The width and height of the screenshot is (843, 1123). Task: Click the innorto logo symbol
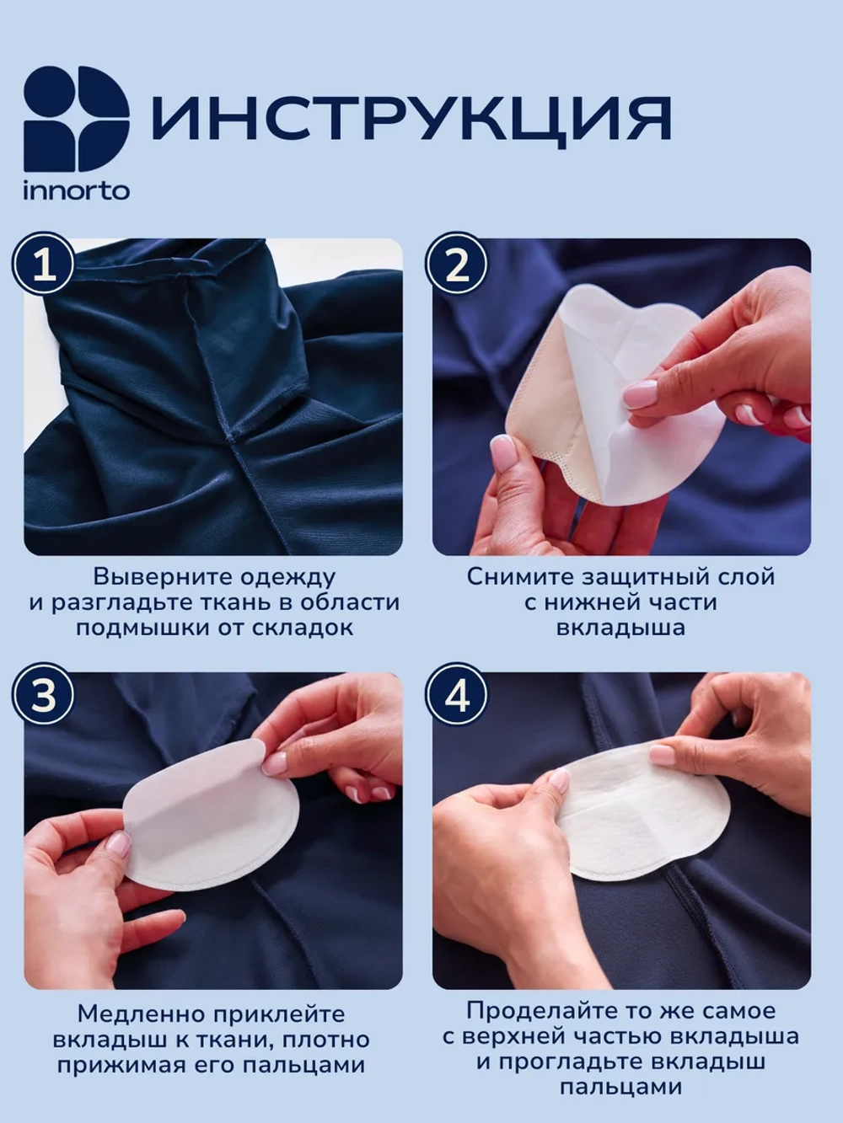pos(76,119)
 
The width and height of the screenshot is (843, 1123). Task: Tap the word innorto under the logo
pos(76,191)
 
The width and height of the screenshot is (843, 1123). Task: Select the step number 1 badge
pos(45,265)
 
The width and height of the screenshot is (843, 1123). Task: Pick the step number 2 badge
pos(457,265)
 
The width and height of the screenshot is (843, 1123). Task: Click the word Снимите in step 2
pos(519,577)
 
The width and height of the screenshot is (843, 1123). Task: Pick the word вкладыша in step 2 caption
pos(620,628)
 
